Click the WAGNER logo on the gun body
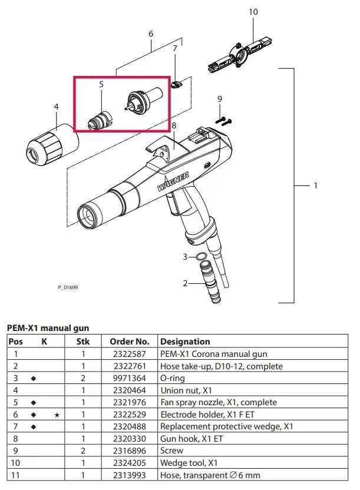(173, 181)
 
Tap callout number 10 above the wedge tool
(253, 12)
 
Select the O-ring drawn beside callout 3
(202, 257)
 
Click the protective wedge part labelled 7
(176, 84)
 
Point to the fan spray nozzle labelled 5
(100, 120)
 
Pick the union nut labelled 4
(52, 144)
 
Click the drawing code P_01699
(68, 287)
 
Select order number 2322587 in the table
(130, 354)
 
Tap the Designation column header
(185, 342)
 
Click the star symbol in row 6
(57, 415)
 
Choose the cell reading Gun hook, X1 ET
(191, 439)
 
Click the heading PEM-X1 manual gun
(48, 328)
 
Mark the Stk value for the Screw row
(83, 451)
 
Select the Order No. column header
(130, 342)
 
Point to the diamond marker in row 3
(34, 379)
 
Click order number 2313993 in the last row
(130, 475)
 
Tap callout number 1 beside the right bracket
(316, 186)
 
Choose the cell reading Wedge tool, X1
(189, 463)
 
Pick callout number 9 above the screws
(220, 99)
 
